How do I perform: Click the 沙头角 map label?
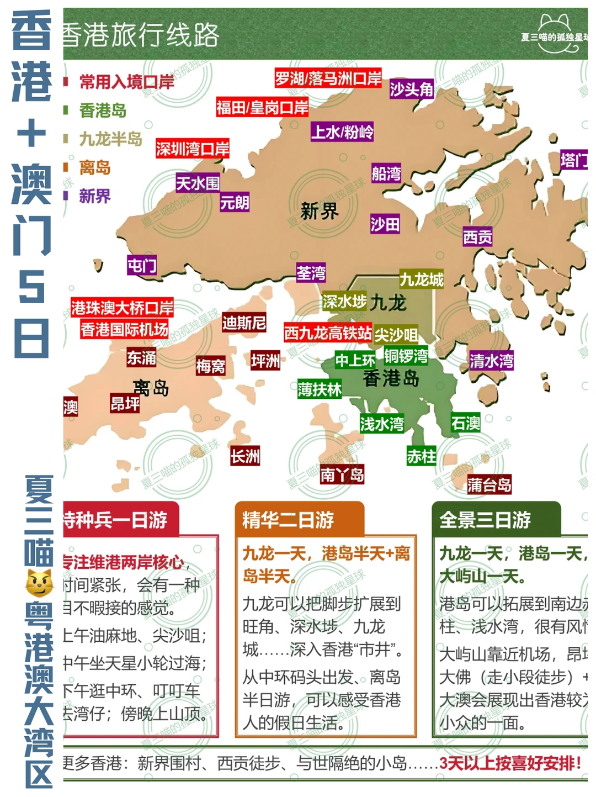tap(412, 89)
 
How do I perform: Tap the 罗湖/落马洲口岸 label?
tap(328, 78)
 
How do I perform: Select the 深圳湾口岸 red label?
tap(192, 149)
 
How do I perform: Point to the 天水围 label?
tap(198, 183)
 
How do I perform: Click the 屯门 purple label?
tap(142, 266)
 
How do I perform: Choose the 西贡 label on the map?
tap(477, 237)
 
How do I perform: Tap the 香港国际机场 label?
tap(124, 330)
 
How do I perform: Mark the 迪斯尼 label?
tap(244, 323)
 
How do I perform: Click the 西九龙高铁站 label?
tap(328, 332)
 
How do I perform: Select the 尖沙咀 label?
tap(396, 335)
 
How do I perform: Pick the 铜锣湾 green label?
tap(406, 356)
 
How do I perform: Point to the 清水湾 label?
tap(491, 361)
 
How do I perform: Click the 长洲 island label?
tap(245, 456)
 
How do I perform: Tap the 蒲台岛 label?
tap(489, 484)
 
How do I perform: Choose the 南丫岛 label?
tap(342, 474)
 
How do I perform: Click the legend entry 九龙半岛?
tap(110, 139)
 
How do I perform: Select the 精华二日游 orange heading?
tap(288, 520)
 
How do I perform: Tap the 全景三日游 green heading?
tap(485, 520)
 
